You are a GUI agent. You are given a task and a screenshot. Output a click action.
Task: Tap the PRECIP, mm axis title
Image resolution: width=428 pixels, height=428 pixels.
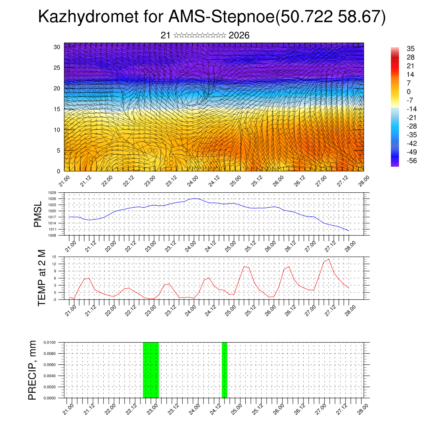click(x=32, y=369)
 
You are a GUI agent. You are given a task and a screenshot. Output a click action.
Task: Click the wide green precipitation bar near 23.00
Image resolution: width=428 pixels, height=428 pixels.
click(x=151, y=370)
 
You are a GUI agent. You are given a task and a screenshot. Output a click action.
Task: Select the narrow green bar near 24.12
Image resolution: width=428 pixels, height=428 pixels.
click(x=224, y=370)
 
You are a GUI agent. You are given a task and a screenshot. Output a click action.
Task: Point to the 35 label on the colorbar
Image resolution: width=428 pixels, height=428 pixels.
click(x=410, y=48)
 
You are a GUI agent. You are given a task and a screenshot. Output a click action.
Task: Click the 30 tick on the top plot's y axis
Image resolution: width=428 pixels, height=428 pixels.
click(x=57, y=47)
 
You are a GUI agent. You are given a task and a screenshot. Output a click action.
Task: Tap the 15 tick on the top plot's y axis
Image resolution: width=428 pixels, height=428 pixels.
click(x=57, y=109)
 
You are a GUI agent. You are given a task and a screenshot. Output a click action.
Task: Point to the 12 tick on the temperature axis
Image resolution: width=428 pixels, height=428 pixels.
click(x=54, y=264)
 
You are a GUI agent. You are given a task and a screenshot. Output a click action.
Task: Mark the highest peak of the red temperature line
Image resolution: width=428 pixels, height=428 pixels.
click(x=329, y=259)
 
